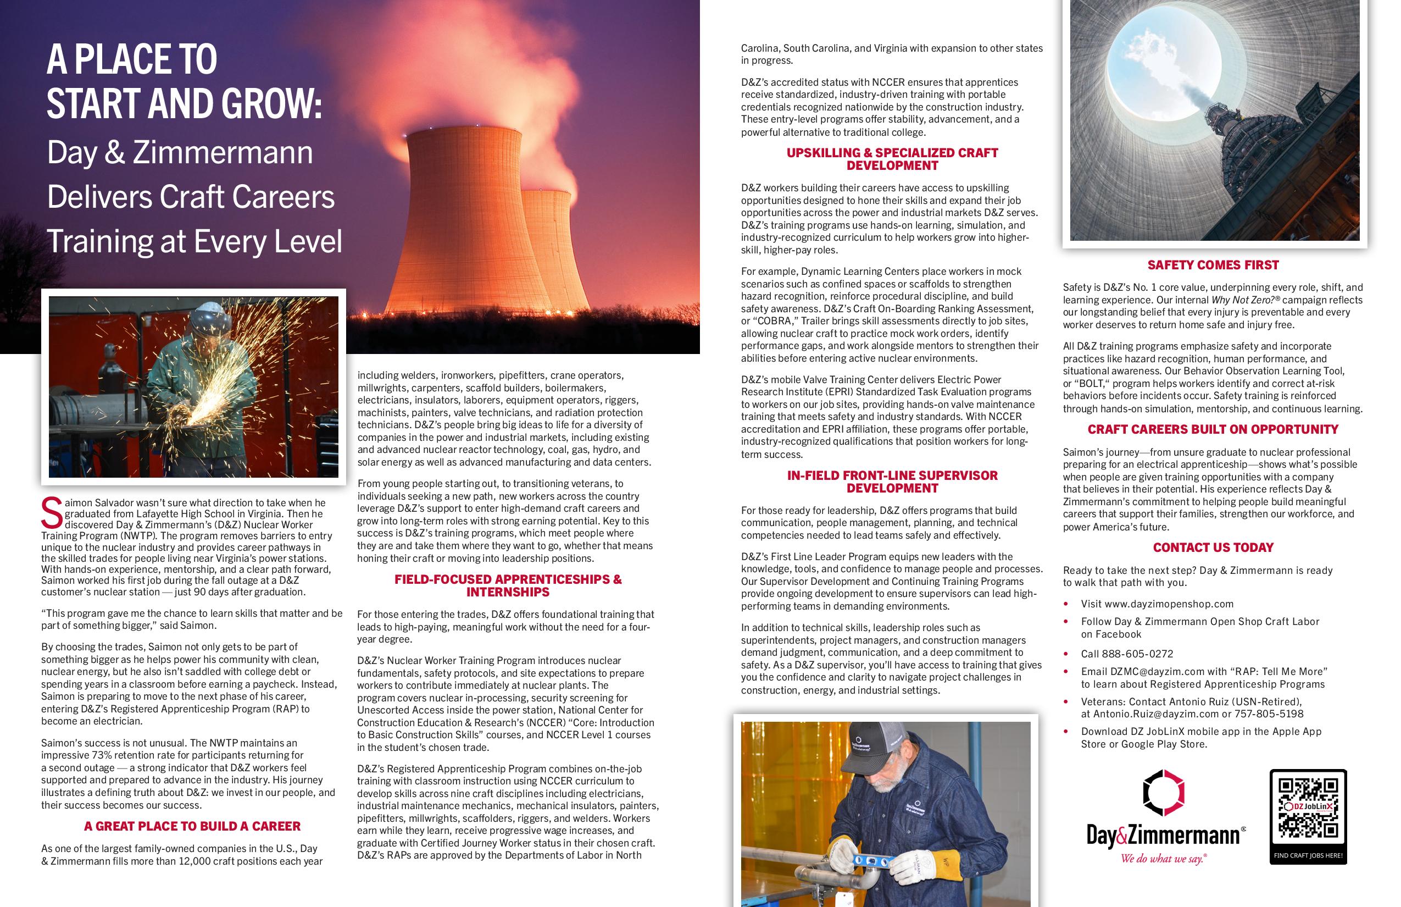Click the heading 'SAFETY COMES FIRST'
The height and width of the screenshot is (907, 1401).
1213,265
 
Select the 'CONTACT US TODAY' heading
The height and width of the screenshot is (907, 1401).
1213,547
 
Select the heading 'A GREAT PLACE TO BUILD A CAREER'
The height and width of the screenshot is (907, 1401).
192,826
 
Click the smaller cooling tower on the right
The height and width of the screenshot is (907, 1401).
547,247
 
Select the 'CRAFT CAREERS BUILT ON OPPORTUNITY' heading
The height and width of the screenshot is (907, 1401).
1213,429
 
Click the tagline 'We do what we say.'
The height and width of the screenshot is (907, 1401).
1163,859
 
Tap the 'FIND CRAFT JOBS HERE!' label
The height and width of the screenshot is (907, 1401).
1308,855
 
